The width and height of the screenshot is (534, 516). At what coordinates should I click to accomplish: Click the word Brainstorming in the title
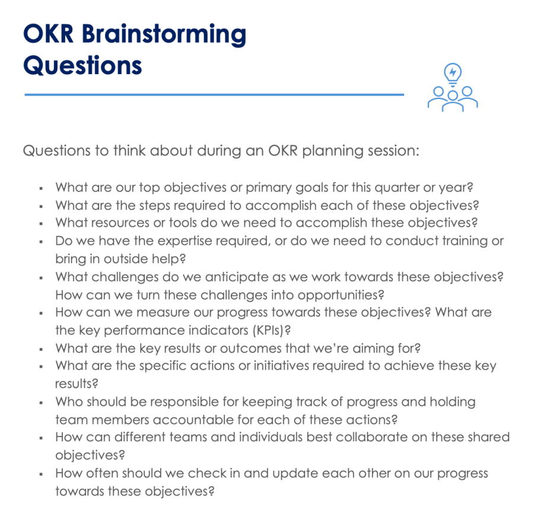(164, 34)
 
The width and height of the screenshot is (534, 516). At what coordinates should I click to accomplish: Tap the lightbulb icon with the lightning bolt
(453, 74)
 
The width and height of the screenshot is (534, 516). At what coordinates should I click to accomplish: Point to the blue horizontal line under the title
(214, 94)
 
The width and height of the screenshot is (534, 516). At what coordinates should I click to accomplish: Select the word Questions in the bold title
(82, 65)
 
